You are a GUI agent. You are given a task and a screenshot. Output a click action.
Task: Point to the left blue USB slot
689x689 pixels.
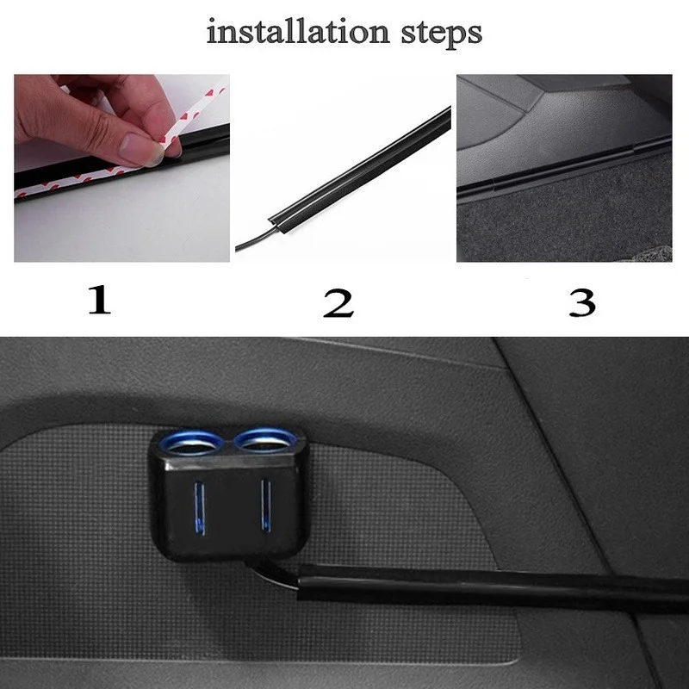coord(200,507)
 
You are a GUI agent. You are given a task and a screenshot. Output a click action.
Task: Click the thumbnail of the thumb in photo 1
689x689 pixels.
coord(142,149)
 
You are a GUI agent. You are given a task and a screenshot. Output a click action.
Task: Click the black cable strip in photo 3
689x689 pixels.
coord(560,168)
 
